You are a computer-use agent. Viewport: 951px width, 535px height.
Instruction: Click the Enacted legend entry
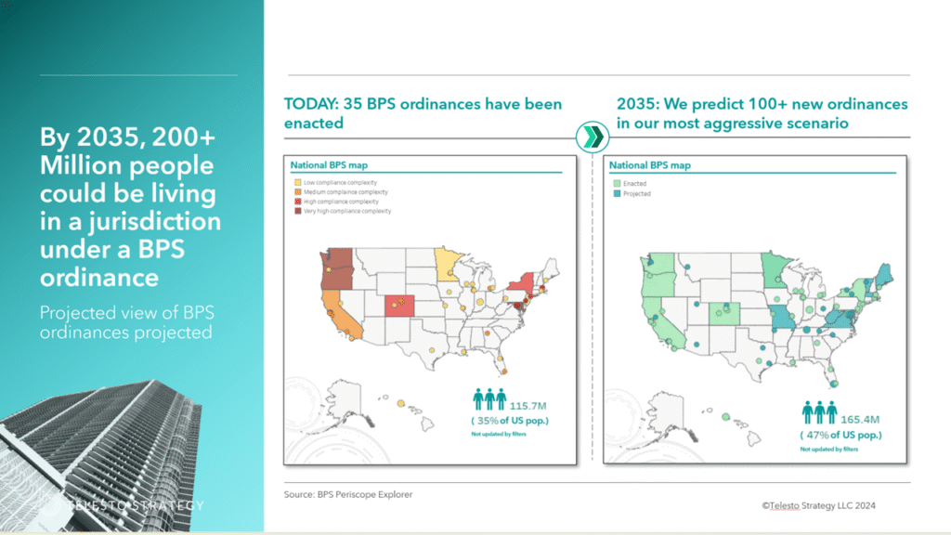point(634,184)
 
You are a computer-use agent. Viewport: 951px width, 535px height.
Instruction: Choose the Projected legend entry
point(636,194)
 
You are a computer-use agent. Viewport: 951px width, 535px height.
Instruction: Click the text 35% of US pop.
point(508,422)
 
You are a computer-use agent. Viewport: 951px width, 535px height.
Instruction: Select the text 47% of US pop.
point(840,435)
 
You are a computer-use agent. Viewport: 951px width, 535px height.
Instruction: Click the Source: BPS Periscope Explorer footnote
point(347,495)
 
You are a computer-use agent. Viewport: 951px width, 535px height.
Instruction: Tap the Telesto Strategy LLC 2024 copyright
point(818,505)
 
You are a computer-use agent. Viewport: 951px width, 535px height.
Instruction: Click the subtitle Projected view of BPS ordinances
point(126,321)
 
